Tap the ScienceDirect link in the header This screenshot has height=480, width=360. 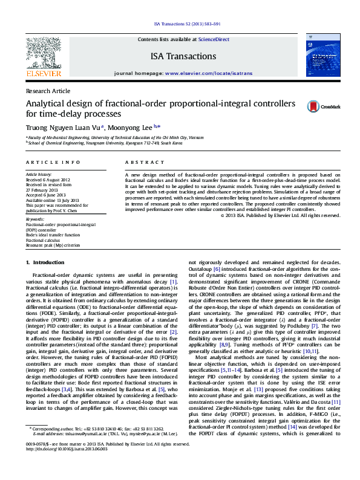click(214, 39)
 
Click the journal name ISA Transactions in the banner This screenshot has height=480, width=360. click(183, 56)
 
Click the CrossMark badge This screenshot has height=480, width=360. click(324, 106)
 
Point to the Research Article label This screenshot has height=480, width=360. click(48, 91)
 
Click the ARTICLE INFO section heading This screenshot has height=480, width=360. click(53, 163)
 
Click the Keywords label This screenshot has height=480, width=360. click(35, 219)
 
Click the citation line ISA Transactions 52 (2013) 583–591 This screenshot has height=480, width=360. click(180, 24)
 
